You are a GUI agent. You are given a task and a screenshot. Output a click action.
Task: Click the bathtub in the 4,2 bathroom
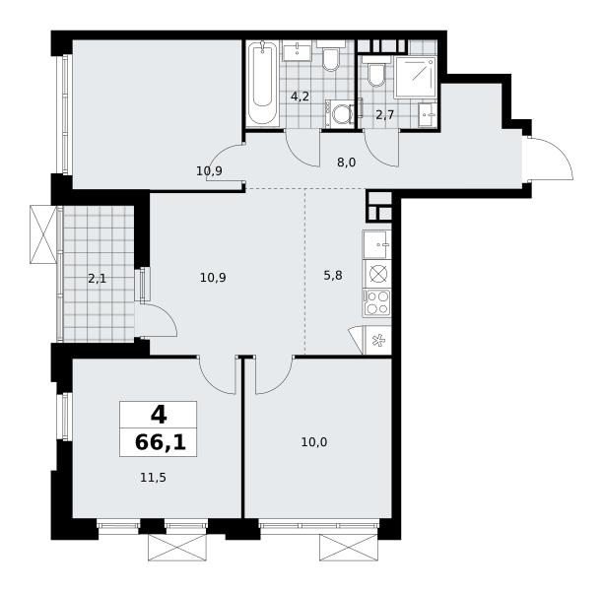(262, 84)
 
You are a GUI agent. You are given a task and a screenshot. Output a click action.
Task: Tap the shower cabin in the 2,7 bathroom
(415, 77)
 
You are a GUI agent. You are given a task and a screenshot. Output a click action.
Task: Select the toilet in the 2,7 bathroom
(376, 72)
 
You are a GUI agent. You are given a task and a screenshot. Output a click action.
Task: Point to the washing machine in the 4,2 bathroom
(340, 114)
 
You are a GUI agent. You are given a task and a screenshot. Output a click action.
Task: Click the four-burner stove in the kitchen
(376, 302)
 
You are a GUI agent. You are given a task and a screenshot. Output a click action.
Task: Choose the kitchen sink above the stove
(376, 244)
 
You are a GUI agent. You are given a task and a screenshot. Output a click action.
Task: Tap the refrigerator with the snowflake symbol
(377, 340)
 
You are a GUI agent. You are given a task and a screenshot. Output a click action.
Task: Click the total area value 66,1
(161, 442)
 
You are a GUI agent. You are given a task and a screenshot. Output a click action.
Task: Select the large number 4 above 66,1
(159, 415)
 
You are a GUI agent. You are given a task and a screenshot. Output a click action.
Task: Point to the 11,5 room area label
(153, 478)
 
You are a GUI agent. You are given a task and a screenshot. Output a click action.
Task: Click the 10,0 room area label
(313, 442)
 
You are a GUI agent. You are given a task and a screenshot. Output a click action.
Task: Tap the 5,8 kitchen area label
(333, 276)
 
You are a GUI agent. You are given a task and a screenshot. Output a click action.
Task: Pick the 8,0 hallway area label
(346, 163)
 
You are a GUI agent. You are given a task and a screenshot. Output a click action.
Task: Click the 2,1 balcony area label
(97, 279)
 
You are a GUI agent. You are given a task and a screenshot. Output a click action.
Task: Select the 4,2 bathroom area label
(300, 97)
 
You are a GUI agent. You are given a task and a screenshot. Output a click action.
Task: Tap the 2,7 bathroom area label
(385, 115)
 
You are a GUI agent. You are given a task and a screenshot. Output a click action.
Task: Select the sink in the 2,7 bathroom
(428, 114)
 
